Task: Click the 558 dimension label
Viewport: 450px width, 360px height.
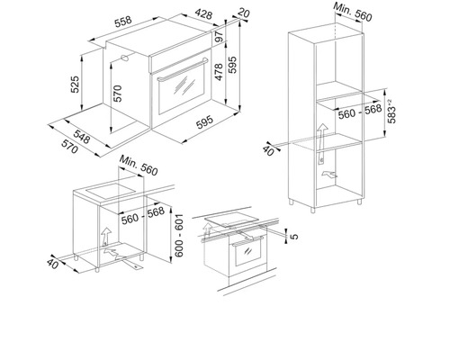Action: (123, 22)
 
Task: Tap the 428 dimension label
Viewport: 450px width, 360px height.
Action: (203, 13)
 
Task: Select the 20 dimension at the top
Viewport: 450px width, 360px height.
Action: (243, 13)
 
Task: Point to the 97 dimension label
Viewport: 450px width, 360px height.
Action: (220, 37)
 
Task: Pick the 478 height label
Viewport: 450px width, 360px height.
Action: (219, 72)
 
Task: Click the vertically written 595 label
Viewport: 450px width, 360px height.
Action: (232, 65)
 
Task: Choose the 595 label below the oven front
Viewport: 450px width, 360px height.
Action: (204, 121)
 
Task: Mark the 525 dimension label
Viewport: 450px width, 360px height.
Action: (75, 85)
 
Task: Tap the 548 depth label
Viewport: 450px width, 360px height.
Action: (82, 137)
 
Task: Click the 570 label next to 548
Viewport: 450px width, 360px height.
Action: (69, 147)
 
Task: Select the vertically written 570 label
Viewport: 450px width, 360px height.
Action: (118, 94)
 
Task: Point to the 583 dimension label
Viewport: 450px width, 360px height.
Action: (391, 112)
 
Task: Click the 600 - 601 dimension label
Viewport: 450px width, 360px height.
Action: (179, 236)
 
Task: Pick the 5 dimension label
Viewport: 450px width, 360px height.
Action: (295, 236)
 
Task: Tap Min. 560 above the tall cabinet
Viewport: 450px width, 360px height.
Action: (353, 13)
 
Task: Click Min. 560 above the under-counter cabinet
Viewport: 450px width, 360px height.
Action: (139, 166)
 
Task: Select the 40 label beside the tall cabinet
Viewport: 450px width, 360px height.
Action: (268, 150)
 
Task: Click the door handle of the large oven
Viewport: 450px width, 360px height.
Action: (183, 70)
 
